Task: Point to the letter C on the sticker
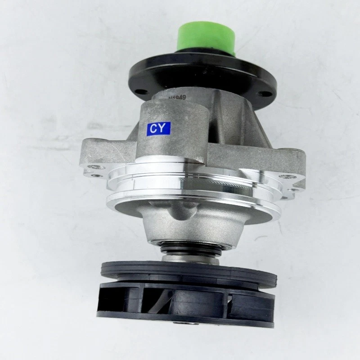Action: (x=154, y=129)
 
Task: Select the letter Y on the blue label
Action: (x=164, y=129)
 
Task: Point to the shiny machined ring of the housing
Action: (x=193, y=184)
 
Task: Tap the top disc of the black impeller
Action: (x=189, y=272)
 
